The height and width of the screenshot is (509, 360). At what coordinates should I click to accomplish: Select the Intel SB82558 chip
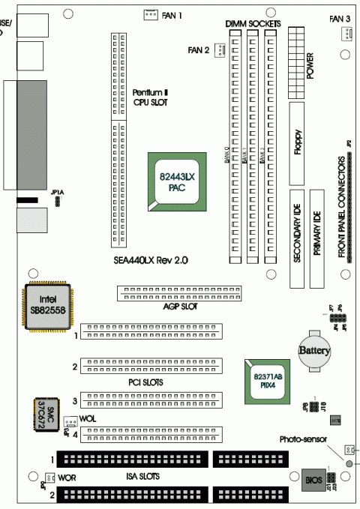click(47, 306)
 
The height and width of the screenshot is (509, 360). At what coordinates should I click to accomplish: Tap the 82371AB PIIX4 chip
click(264, 380)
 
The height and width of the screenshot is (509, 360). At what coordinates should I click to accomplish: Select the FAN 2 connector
click(219, 50)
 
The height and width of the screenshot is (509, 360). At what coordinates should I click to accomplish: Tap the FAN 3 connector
click(346, 33)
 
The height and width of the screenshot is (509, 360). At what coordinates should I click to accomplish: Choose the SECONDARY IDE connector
click(298, 238)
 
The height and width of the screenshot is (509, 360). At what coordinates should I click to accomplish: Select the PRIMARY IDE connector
click(317, 238)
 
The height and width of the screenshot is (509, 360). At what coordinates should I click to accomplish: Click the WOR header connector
click(49, 478)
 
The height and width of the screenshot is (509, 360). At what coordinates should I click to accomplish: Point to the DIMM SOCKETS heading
click(253, 25)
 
